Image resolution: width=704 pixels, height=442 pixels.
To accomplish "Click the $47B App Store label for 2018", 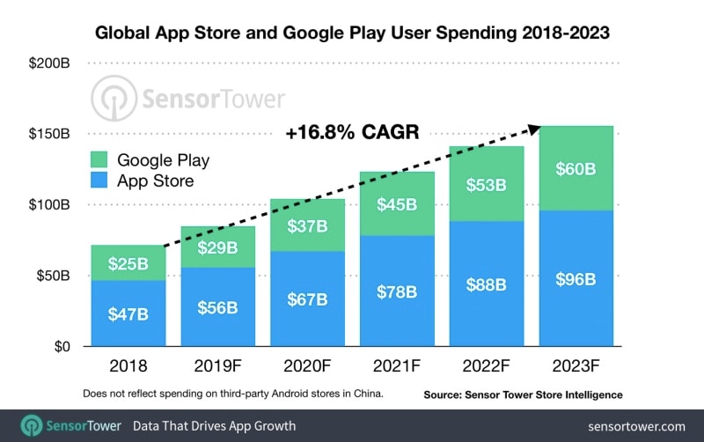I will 128,313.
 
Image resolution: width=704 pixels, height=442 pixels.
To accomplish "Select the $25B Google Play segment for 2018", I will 128,263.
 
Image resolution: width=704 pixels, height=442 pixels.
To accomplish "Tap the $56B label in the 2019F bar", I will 218,306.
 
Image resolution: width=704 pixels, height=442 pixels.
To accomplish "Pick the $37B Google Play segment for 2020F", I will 308,225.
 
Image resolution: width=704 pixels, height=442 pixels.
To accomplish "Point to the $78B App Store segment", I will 398,291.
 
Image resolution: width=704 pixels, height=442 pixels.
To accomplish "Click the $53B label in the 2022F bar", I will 488,184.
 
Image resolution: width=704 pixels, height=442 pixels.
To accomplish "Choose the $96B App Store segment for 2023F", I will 577,279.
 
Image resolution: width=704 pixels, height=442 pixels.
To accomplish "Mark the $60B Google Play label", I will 577,168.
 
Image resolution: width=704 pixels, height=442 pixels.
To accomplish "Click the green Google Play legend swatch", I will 99,160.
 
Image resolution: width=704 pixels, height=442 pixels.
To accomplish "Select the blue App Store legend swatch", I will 99,181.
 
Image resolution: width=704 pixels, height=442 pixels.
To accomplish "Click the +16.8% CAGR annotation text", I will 350,133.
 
